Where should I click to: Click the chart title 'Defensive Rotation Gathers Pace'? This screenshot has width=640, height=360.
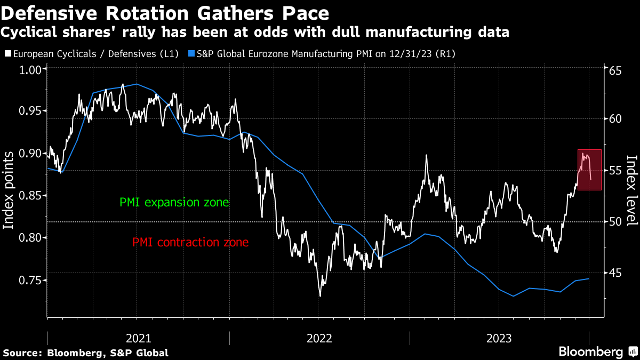165,12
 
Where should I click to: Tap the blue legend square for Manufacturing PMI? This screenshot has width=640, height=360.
192,54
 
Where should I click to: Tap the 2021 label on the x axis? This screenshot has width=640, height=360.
139,338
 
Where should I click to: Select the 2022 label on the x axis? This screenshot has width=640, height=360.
319,338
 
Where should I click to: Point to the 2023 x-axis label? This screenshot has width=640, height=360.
500,338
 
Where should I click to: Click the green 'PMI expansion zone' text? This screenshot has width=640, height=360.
174,203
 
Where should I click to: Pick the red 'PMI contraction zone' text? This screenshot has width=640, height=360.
190,243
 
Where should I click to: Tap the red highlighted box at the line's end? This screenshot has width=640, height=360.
589,170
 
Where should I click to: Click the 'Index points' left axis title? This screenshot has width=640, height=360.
9,190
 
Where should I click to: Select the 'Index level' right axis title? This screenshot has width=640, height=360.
631,190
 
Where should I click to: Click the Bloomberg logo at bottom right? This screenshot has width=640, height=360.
597,352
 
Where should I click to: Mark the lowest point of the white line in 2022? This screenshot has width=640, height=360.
320,296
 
